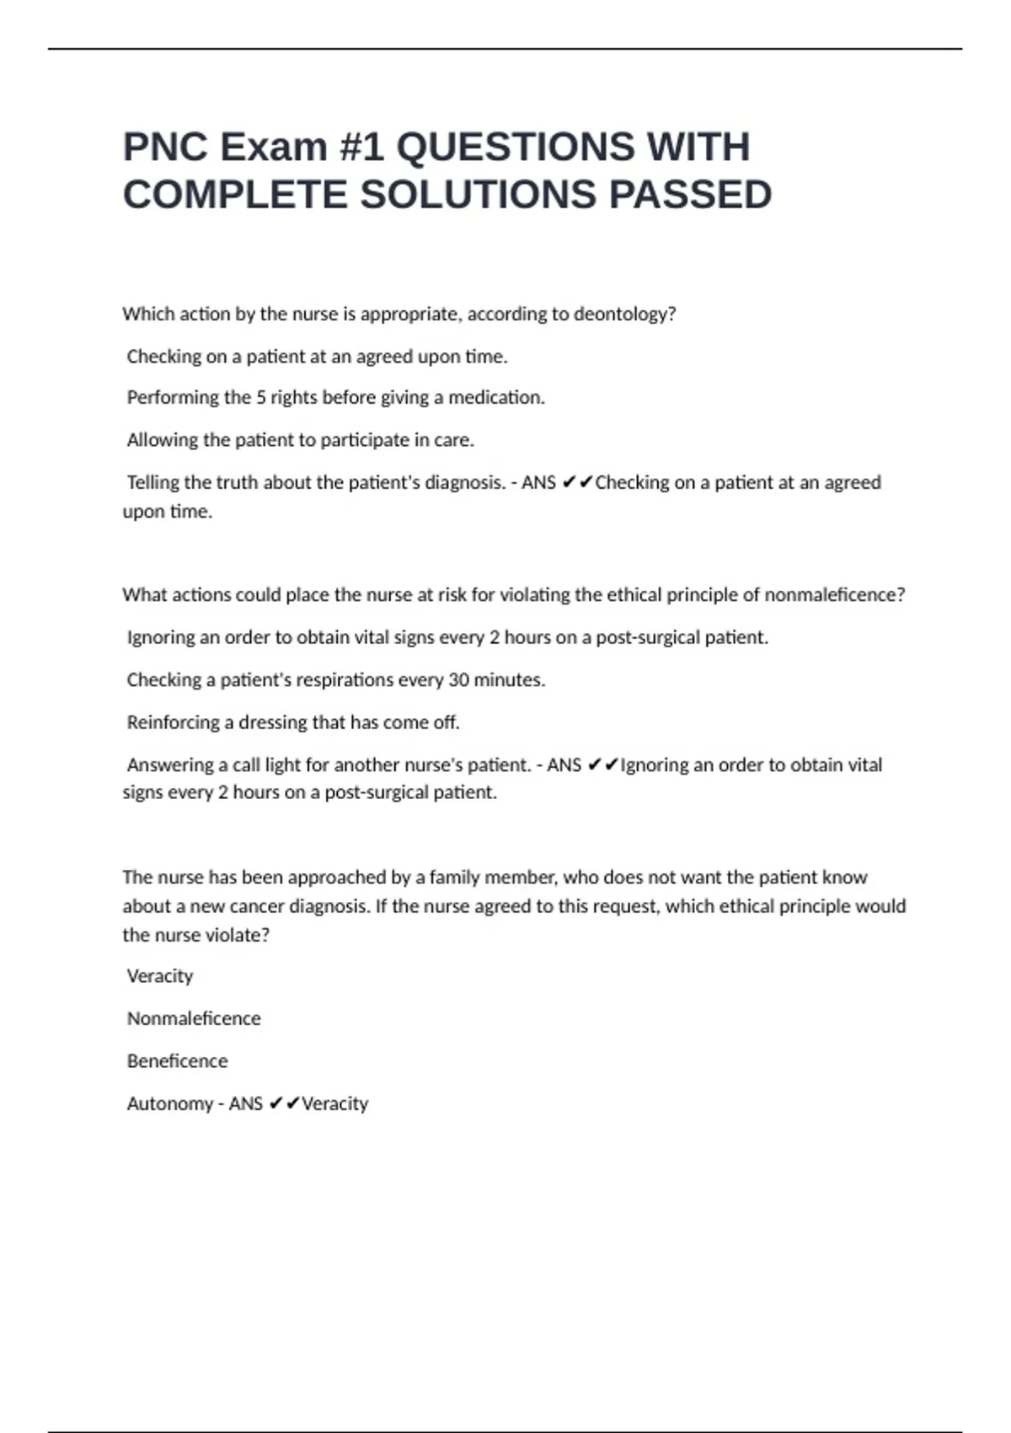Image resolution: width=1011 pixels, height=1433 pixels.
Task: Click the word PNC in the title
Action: pos(165,148)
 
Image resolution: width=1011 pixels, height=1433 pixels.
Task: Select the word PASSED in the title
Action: pos(690,196)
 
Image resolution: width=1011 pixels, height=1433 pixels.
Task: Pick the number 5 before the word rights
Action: pos(261,398)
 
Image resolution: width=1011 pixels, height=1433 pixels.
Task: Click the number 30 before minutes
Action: pos(458,680)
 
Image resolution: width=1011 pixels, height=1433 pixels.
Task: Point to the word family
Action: pos(457,878)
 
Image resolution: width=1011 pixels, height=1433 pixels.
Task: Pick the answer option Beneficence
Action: pos(177,1061)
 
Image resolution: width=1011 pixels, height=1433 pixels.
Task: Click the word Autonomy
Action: pos(169,1104)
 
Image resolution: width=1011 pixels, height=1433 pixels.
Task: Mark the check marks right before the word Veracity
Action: pos(284,1104)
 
